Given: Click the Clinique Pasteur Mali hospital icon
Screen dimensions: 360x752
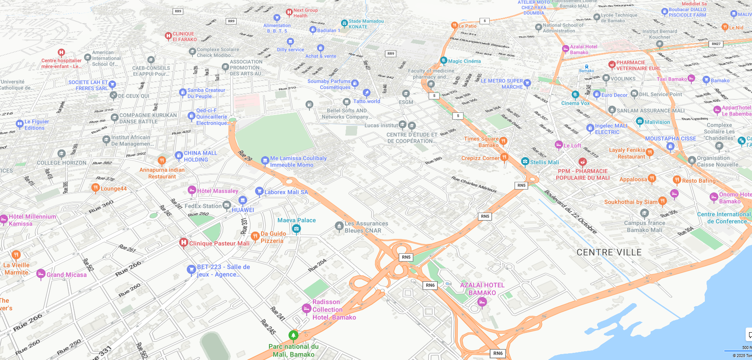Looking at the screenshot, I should tap(183, 243).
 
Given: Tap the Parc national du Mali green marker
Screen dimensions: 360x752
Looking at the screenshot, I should tap(293, 335).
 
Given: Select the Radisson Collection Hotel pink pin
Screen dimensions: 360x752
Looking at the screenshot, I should tap(307, 309).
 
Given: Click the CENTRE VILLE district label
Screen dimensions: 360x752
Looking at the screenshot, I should tap(609, 252).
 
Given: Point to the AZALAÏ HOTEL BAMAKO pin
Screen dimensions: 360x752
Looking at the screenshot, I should tap(482, 301).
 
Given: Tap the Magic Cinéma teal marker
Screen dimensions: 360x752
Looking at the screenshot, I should tap(443, 60).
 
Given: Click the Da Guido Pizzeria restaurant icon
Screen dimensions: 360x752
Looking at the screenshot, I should tap(255, 236).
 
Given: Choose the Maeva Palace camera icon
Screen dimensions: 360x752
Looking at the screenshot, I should tap(296, 229).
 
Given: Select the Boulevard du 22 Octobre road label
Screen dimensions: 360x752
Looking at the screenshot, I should tap(571, 211).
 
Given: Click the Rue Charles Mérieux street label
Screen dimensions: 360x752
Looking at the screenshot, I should tap(474, 184).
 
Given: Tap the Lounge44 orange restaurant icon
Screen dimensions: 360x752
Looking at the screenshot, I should tap(96, 188).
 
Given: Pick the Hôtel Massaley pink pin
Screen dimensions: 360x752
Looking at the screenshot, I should tap(192, 190).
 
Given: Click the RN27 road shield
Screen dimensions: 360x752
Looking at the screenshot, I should tap(716, 44).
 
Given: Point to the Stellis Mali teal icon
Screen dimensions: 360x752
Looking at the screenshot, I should tap(525, 161).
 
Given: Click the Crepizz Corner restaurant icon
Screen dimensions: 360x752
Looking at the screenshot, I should tap(504, 157).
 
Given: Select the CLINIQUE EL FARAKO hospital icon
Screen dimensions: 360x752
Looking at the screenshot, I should tap(168, 36).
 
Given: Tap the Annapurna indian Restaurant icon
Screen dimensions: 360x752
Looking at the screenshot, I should tap(162, 160).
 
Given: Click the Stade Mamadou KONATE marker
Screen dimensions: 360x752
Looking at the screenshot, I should tap(344, 23).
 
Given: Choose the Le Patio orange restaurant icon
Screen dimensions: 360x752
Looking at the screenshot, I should tap(454, 25).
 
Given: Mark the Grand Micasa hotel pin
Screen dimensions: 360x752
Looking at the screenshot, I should tap(41, 274).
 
